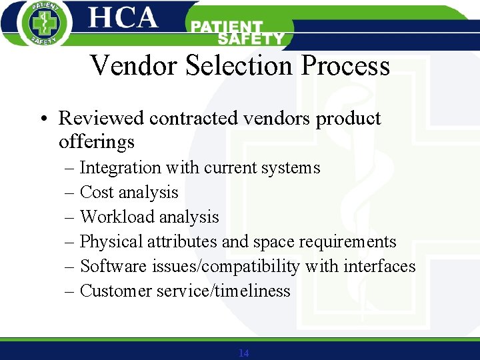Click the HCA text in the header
click(x=123, y=17)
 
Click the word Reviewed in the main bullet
click(x=101, y=119)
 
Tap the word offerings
click(x=97, y=142)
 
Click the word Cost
click(x=96, y=193)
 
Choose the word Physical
click(x=111, y=242)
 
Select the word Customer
click(x=116, y=291)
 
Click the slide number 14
click(x=243, y=353)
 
